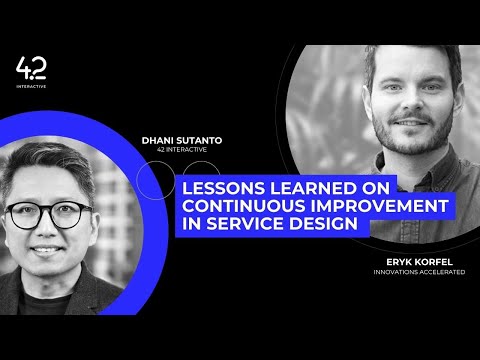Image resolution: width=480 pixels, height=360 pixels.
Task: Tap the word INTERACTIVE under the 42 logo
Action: [x=31, y=86]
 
